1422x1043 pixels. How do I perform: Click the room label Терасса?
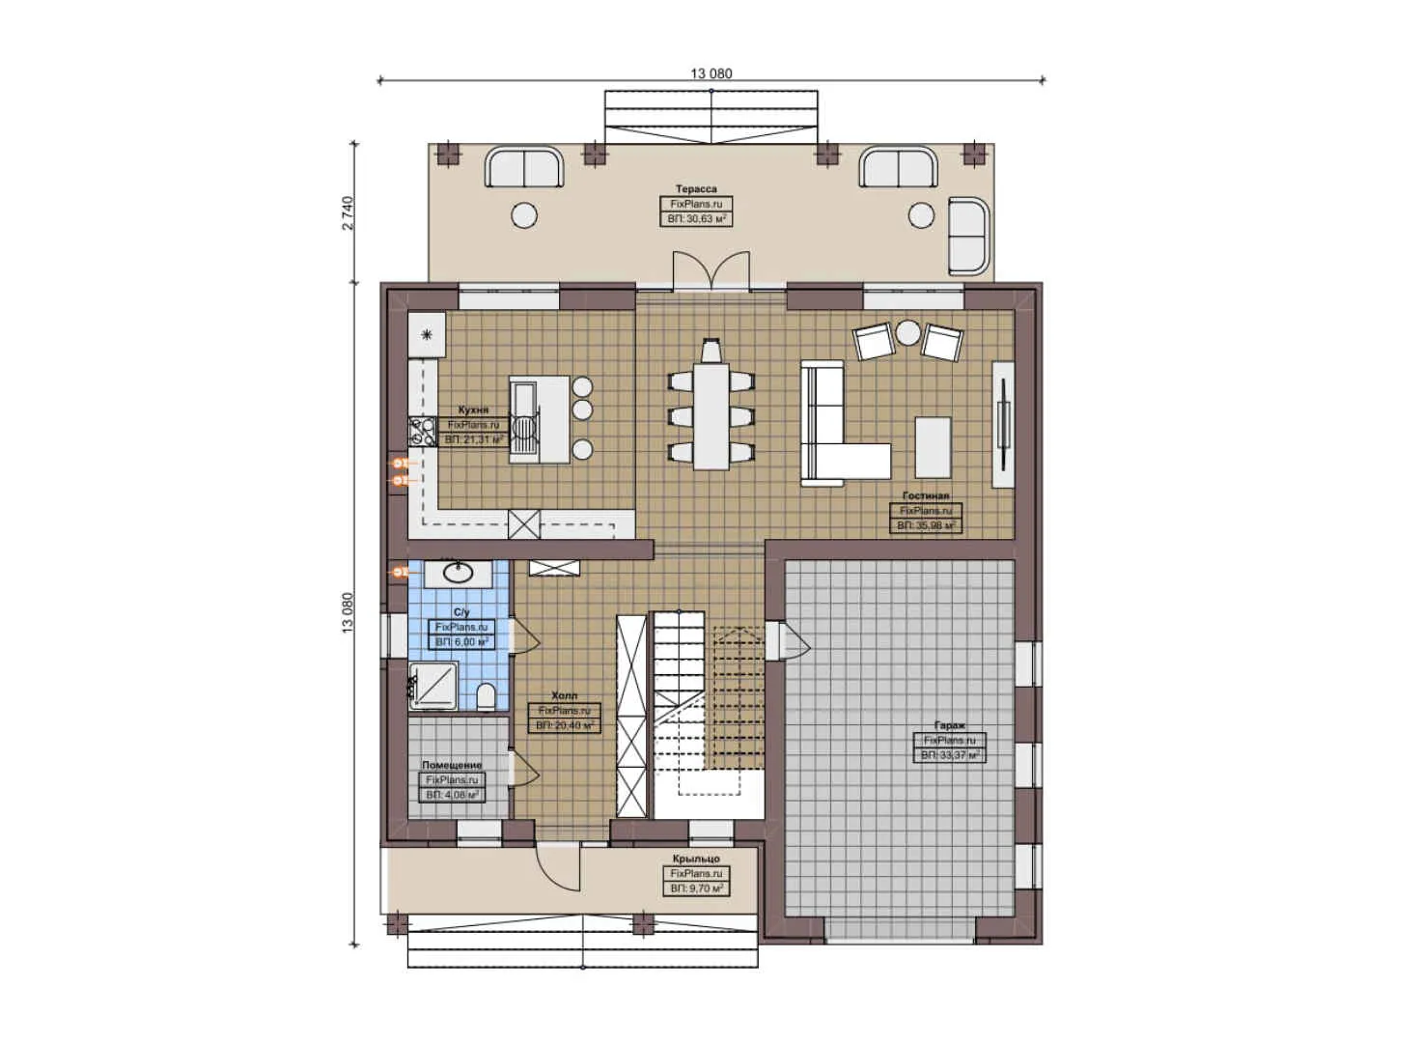696,189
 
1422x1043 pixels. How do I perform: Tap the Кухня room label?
473,410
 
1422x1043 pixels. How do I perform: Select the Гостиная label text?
925,496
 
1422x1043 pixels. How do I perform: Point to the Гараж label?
949,725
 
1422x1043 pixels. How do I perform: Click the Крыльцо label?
696,859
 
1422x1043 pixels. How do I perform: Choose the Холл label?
565,695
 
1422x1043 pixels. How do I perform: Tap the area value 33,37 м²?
950,755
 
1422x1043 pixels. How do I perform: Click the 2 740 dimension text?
348,212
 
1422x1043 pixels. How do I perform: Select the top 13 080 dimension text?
711,73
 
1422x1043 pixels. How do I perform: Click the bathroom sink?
458,574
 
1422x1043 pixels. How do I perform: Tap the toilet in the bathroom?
487,695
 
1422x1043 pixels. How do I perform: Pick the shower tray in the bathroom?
433,686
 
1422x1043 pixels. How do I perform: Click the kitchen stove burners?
422,431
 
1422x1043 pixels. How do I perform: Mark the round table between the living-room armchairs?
908,333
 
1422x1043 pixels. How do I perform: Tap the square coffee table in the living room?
933,446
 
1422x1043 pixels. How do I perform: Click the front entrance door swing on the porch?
560,864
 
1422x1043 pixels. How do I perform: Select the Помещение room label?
452,765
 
